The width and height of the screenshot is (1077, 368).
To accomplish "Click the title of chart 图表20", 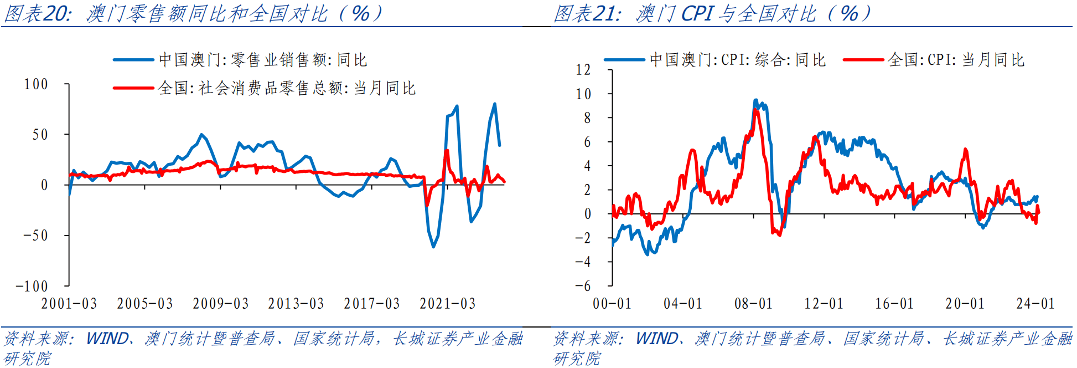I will point(194,13).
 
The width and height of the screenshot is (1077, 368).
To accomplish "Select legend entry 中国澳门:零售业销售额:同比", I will point(263,60).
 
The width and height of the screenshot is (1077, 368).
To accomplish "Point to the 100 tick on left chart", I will point(36,84).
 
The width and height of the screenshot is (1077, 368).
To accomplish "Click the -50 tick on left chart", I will point(36,236).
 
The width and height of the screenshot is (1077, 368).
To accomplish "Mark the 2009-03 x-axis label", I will point(220,304).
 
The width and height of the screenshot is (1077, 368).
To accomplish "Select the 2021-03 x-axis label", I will point(447,304).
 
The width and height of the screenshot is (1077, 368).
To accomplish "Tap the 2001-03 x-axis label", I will point(69,304).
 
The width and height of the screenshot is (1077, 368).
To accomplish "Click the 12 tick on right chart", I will point(583,70).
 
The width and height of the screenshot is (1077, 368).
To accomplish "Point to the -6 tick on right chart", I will point(583,286).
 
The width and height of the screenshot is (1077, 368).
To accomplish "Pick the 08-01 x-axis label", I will point(753,304).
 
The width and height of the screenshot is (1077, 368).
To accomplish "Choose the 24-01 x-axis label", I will point(1035,304).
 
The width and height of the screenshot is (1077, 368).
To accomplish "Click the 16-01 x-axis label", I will point(894,304).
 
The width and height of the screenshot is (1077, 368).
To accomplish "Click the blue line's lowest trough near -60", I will point(433,246).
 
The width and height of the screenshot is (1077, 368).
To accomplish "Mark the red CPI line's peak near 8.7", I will point(756,110).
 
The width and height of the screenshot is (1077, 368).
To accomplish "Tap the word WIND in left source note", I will point(107,339).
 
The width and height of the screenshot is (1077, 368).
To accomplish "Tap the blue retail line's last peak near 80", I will point(494,104).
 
